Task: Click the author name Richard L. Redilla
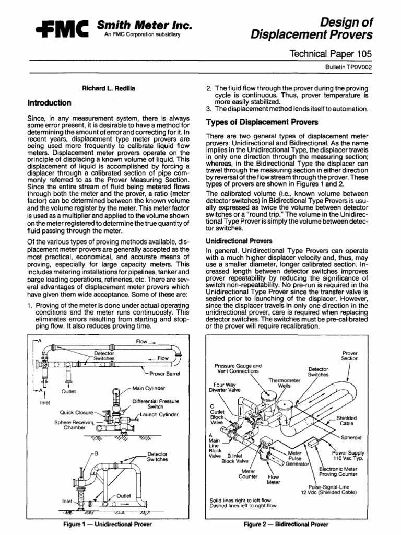(x=101, y=89)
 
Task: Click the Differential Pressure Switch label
(x=155, y=404)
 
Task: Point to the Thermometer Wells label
(x=284, y=383)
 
